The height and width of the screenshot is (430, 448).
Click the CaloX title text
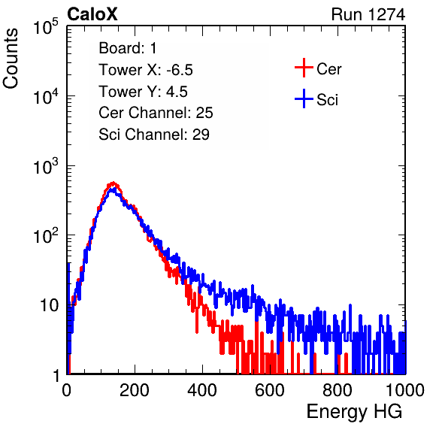(x=92, y=14)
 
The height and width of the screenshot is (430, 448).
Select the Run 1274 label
(x=368, y=14)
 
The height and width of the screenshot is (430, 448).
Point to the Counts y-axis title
(x=11, y=58)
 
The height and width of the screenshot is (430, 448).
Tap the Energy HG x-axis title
(x=354, y=412)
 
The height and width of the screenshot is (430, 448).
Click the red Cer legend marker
(x=304, y=68)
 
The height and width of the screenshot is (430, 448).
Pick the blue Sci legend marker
(x=304, y=98)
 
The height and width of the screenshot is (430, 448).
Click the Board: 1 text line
(x=128, y=48)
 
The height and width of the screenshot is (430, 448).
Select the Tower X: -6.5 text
(x=146, y=70)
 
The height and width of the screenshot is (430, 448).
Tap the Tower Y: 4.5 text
(x=143, y=92)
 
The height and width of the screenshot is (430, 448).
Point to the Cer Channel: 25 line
(x=156, y=113)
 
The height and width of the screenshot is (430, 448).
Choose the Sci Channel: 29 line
(x=154, y=135)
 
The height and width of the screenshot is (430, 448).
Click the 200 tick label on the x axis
(x=135, y=390)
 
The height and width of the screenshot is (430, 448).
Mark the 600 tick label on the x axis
(x=270, y=390)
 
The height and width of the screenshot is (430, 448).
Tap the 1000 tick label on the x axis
(x=405, y=390)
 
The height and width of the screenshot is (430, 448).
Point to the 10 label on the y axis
(x=50, y=305)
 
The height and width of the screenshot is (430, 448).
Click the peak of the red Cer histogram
(x=114, y=183)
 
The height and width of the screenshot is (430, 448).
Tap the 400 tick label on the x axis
(x=202, y=390)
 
